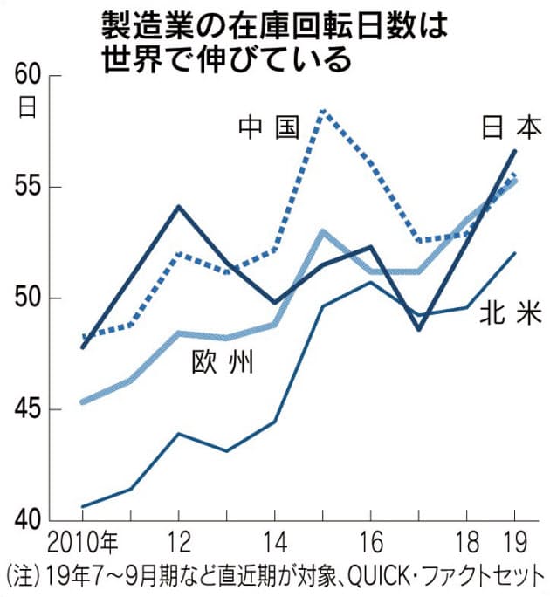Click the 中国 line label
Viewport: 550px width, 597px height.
coord(269,128)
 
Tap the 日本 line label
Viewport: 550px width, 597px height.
coord(511,128)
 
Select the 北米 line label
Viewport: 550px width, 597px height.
coord(511,315)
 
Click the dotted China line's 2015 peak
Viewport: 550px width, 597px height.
coord(323,111)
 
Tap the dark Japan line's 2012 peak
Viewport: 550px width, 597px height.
coord(179,207)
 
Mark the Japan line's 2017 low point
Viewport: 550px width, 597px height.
coord(419,329)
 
